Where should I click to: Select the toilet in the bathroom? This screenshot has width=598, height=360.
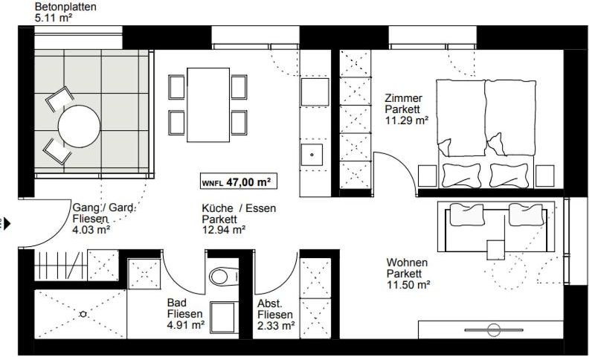[x=220, y=277]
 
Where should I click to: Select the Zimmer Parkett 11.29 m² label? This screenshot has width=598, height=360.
[x=405, y=109]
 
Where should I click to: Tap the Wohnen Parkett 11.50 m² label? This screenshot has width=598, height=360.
[x=408, y=273]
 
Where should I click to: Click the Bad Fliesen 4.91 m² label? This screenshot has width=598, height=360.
[x=186, y=314]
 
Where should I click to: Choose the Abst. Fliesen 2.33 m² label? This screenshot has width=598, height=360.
[x=276, y=314]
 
